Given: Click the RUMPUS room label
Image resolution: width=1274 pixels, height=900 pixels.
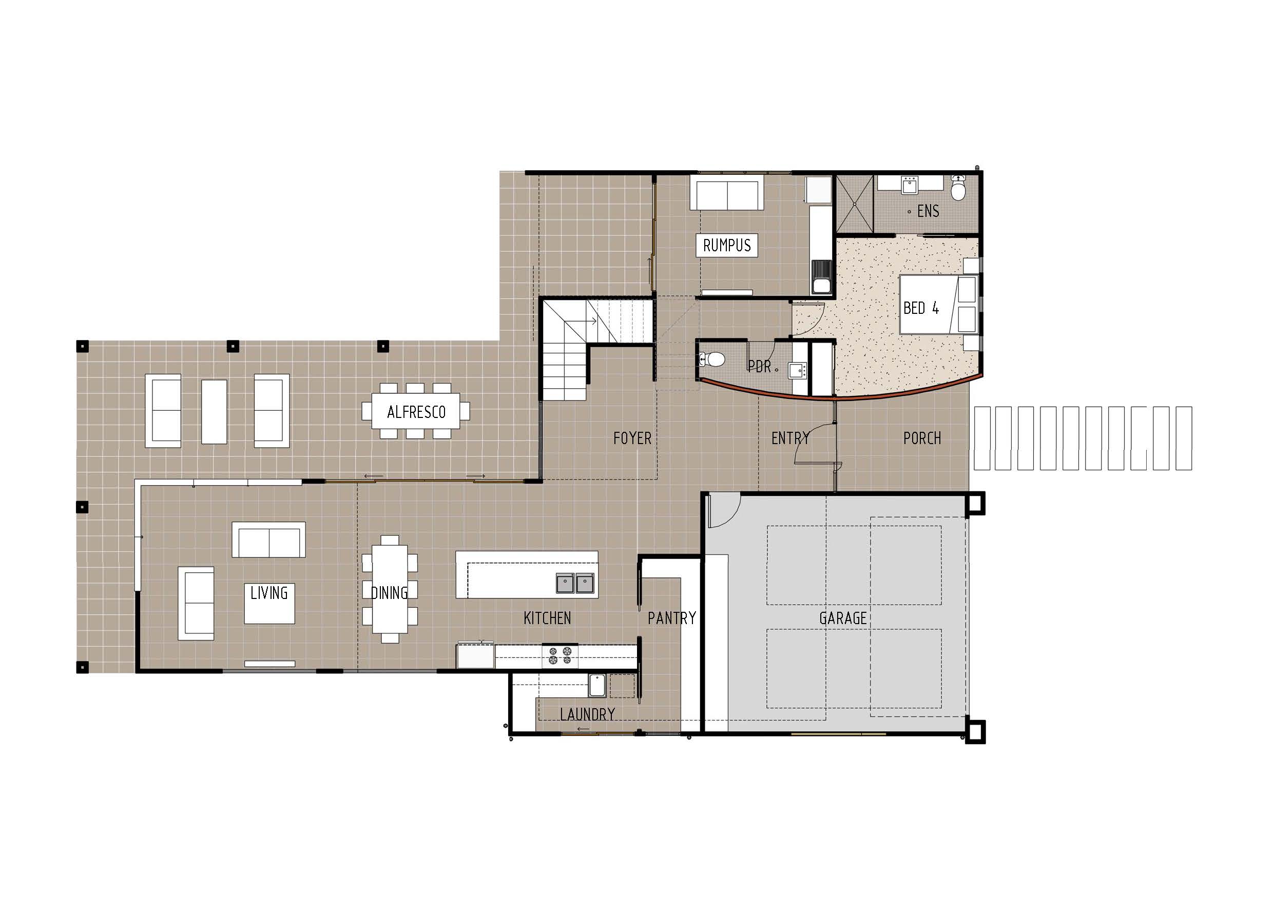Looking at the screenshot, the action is coord(726,245).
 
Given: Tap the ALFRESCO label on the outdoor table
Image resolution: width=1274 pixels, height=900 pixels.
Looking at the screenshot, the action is coord(416,412).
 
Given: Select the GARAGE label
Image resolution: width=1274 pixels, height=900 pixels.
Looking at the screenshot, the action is coord(843,618).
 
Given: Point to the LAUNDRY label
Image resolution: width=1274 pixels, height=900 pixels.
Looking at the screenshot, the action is coord(587,714).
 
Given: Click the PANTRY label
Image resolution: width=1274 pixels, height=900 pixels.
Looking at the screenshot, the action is coord(671,618).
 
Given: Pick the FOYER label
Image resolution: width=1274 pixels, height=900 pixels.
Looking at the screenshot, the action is coord(632,438).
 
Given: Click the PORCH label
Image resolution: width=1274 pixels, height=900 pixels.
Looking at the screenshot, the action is coord(922,438).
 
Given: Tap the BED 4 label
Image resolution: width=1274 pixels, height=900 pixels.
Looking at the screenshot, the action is coord(921,308).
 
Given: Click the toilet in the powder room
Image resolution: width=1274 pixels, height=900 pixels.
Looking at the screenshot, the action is coord(712,359).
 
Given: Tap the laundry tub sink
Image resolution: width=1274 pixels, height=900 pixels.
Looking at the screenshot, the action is coord(597,686).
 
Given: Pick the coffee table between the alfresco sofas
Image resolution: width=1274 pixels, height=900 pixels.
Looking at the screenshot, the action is coord(214,411).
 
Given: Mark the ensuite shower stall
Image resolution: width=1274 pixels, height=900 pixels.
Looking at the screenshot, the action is coord(855,204).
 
